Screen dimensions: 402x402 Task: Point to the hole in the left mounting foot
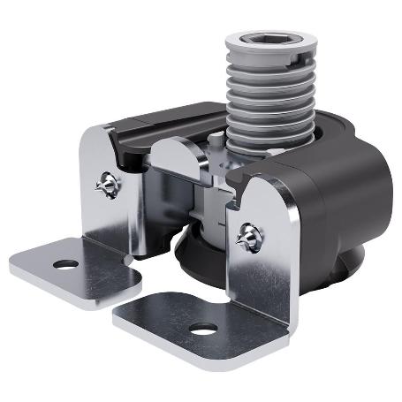(64, 263)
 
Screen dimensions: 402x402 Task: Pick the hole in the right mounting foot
(204, 330)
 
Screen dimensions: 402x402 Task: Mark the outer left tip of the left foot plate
(12, 262)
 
